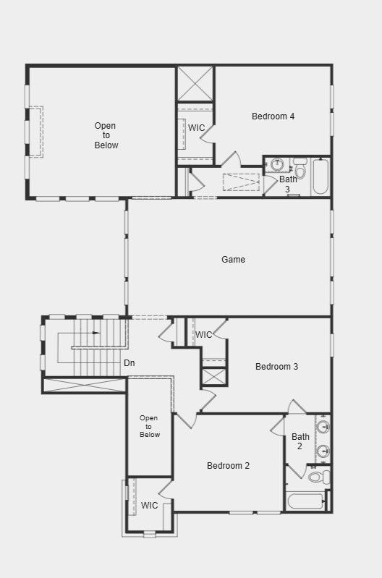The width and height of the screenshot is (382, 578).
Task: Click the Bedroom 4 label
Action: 273,116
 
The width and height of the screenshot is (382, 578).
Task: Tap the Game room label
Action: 233,260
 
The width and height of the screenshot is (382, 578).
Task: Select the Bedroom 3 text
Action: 276,367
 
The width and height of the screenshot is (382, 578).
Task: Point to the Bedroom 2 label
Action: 228,466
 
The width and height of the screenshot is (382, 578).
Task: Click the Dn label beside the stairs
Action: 129,362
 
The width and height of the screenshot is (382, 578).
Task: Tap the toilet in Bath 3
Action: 300,168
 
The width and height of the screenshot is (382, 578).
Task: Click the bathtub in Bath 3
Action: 321,177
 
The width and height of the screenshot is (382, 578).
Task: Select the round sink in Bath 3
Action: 277,164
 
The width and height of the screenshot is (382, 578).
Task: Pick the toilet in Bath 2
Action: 319,477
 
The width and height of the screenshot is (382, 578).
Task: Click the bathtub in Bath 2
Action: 307,501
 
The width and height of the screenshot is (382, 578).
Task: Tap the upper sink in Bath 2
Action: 323,427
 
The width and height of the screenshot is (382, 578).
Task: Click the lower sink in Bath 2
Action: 323,451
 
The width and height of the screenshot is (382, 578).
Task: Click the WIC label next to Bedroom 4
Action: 196,128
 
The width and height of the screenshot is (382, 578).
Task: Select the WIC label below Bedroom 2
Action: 149,506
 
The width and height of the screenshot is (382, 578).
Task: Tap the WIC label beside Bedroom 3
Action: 203,335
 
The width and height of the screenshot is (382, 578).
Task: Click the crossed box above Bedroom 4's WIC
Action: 195,84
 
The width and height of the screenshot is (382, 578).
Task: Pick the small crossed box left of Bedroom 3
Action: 214,377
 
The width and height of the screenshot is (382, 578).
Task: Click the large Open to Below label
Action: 106,135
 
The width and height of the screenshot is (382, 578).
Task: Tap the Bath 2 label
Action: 300,441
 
